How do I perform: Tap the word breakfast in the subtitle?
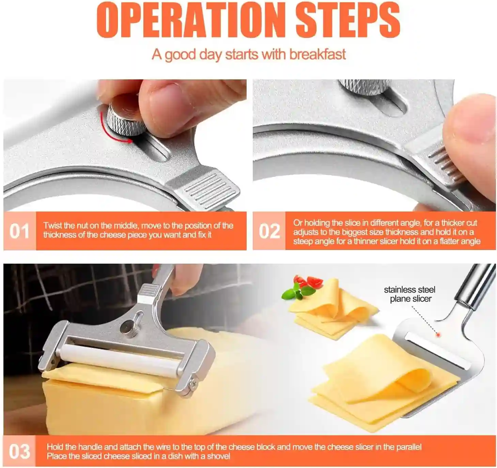(x=318, y=54)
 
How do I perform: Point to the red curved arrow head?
(x=129, y=141)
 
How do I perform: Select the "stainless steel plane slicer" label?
(x=410, y=294)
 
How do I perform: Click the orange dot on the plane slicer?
(x=438, y=334)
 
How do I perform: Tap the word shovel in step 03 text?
(x=218, y=456)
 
